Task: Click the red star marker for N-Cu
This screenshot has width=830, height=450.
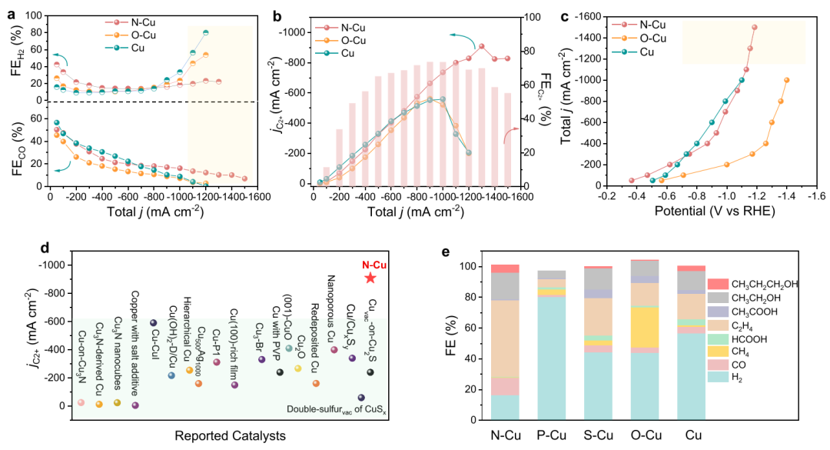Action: tap(370, 278)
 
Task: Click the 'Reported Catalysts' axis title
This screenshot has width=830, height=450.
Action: tap(231, 435)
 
